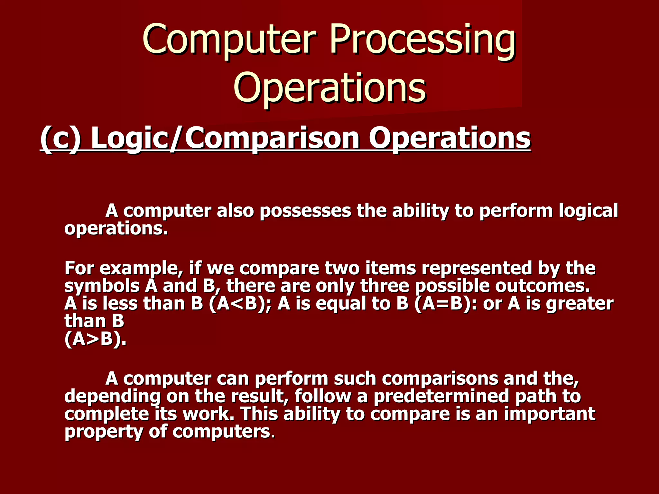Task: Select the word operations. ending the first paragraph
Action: (116, 229)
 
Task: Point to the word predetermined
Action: (441, 396)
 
